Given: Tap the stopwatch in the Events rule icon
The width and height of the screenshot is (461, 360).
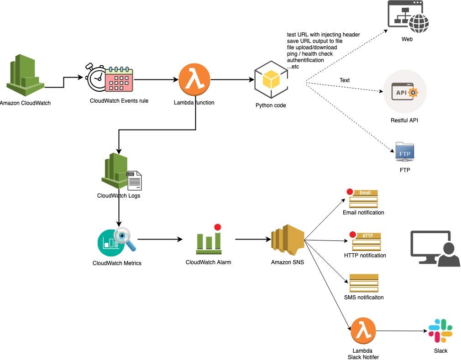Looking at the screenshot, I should click(x=97, y=78).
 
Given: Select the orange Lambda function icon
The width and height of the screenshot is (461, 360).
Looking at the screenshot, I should click(x=194, y=79).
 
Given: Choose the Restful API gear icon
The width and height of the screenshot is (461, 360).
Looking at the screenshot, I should click(x=414, y=93).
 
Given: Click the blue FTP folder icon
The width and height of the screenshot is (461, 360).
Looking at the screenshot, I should click(x=404, y=152).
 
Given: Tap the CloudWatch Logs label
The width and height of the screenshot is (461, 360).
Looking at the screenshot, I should click(x=119, y=196).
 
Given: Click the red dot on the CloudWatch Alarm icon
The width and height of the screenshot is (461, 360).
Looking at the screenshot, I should click(x=217, y=227).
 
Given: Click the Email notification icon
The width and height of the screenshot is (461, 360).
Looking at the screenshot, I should click(x=364, y=198).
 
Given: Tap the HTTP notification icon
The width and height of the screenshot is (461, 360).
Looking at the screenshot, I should click(x=364, y=241).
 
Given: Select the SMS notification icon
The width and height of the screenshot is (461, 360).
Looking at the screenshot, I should click(x=364, y=283).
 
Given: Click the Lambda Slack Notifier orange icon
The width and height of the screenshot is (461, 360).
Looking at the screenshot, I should click(x=363, y=331).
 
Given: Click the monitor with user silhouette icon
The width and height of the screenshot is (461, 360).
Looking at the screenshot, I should click(x=434, y=248).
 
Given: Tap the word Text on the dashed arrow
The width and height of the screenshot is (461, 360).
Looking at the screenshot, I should click(x=344, y=80).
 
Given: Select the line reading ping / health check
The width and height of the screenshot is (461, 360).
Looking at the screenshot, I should click(x=309, y=54).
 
